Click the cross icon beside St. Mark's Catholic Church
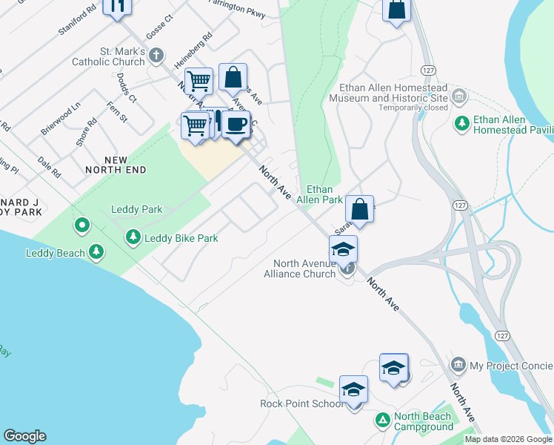click(x=156, y=55)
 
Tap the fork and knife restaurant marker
click(x=116, y=6)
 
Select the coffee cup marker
click(x=236, y=124)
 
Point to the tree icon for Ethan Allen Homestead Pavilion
click(x=463, y=123)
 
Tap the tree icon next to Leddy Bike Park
click(x=133, y=237)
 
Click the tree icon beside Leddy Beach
click(x=96, y=252)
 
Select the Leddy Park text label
click(x=136, y=210)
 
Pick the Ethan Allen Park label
click(x=319, y=194)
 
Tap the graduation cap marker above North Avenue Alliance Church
click(x=344, y=249)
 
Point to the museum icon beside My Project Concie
click(x=458, y=365)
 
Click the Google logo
click(x=25, y=436)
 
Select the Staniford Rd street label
click(x=77, y=22)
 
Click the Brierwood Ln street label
click(x=60, y=119)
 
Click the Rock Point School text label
click(x=301, y=403)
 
